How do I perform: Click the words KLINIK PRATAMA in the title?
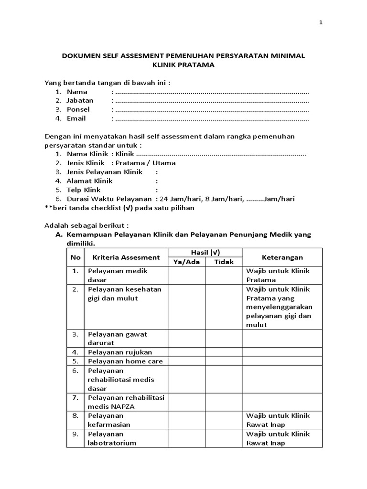(183, 65)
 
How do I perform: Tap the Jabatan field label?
(80, 100)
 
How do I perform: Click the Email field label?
(76, 118)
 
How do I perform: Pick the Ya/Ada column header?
(186, 262)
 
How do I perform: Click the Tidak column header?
(224, 262)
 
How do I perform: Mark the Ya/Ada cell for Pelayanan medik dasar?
(186, 276)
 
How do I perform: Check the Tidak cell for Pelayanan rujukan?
(224, 352)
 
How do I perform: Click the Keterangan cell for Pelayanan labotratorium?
(282, 438)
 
